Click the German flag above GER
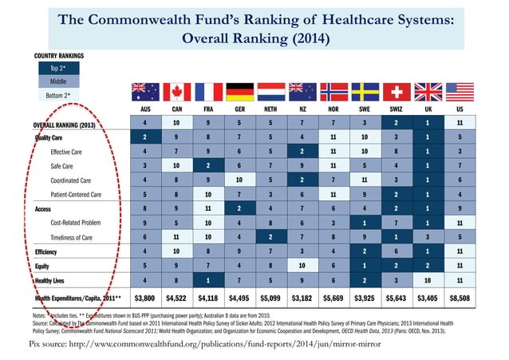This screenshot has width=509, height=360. (240, 92)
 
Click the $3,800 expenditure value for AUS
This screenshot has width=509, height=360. (143, 299)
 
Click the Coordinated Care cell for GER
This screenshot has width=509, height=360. (240, 180)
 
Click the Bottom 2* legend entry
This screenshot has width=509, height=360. (58, 96)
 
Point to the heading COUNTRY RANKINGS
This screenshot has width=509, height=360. (59, 55)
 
